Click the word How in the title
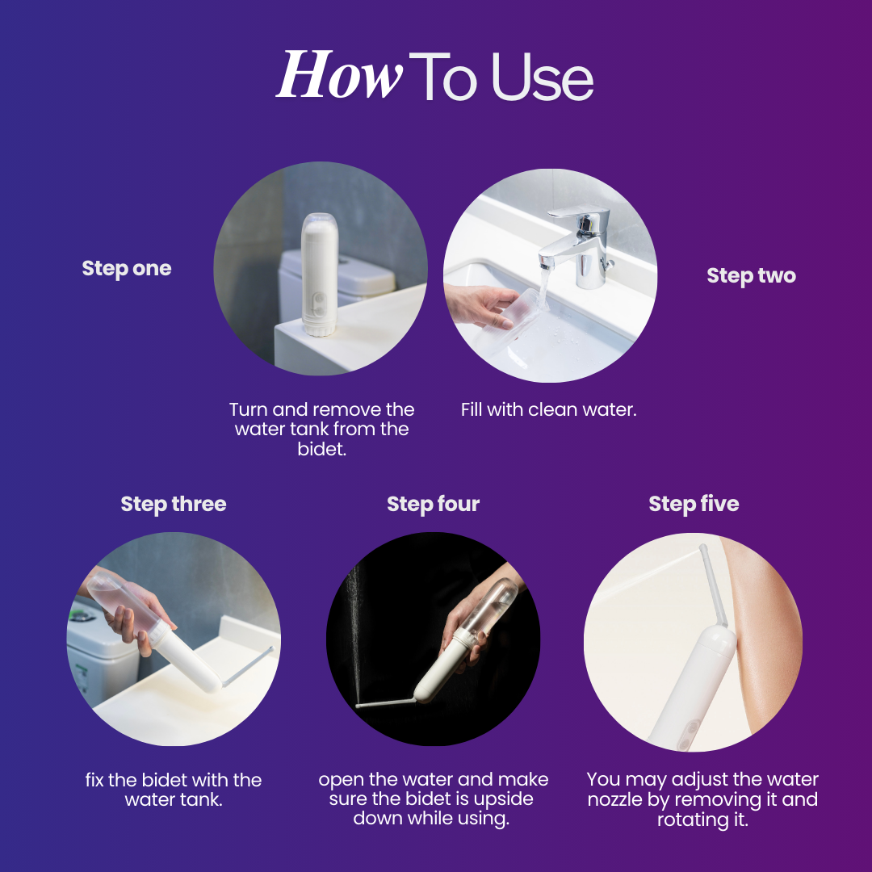pos(339,74)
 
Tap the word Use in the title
pos(543,77)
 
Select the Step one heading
pos(127,269)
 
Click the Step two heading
pos(752,276)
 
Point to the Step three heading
pos(174,505)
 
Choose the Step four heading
pos(434,504)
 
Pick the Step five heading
pos(694,504)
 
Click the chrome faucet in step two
pos(578,245)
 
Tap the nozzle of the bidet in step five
pos(713,585)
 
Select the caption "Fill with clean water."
pos(548,410)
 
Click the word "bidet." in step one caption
pos(322,449)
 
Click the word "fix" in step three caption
pos(94,780)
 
